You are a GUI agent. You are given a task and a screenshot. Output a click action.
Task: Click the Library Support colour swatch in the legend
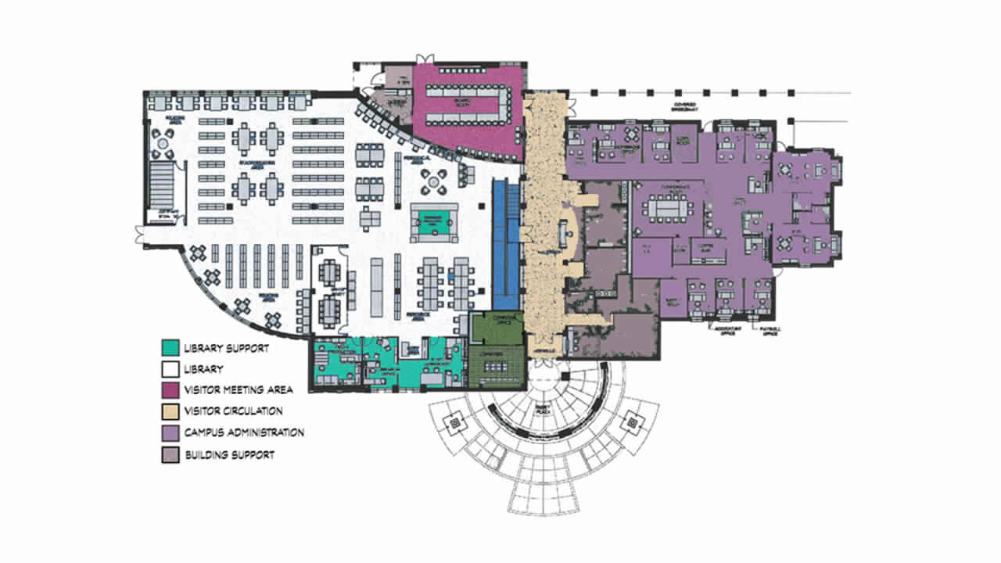169,348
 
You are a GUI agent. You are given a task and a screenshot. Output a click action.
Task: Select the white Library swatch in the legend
169,368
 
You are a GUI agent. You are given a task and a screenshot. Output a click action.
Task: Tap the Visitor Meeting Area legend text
239,389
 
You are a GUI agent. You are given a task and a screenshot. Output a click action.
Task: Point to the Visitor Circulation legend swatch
169,411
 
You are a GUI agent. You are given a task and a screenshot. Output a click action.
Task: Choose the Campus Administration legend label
245,432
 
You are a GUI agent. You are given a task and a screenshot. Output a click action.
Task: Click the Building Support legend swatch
169,454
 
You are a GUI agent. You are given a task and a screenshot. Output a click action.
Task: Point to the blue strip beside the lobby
505,242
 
